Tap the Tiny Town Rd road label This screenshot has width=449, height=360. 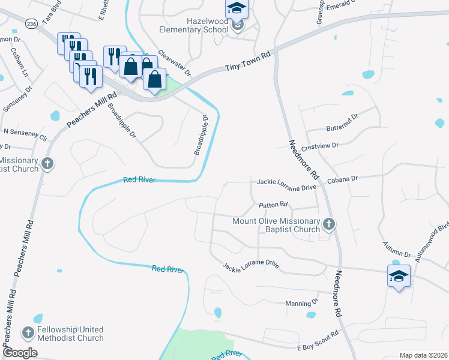point(249,61)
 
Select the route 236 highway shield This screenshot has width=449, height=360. point(31,23)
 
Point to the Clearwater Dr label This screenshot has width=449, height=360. point(174,63)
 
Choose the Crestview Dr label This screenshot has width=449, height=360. point(321,146)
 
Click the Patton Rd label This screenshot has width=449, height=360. point(274,205)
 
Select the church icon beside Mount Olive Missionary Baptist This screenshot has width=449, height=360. point(328,224)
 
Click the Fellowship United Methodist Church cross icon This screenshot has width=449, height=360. point(28,332)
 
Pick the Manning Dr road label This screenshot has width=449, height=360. point(301,303)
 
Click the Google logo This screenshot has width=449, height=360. point(20,353)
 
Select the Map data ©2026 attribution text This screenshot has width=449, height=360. point(423,355)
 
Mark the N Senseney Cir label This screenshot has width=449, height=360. point(25,131)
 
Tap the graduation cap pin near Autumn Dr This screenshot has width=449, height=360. point(399,277)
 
